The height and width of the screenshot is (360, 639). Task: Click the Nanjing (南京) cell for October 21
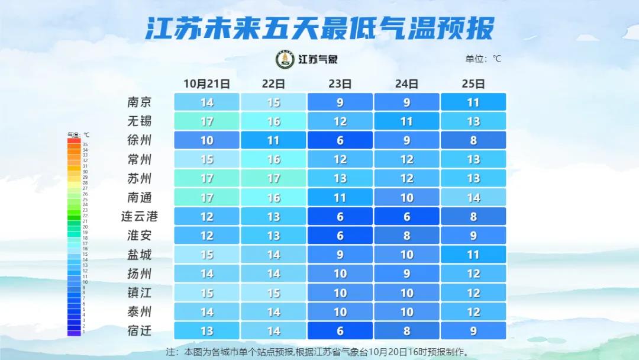[206, 102]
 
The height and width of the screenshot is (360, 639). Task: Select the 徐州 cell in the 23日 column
[340, 140]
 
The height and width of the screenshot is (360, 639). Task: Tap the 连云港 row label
[140, 216]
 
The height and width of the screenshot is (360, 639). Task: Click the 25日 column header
[473, 83]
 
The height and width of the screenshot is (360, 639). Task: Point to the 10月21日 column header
[206, 83]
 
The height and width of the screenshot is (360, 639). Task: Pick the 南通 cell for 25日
[473, 197]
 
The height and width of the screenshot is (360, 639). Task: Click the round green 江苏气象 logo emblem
[285, 59]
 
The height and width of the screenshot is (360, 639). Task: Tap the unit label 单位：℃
[483, 59]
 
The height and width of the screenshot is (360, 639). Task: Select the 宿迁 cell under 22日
[273, 330]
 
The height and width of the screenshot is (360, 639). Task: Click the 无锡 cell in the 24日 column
[406, 121]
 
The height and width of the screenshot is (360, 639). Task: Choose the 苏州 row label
[140, 178]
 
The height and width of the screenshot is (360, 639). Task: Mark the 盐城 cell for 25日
[473, 255]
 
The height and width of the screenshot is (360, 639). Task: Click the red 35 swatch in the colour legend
[74, 142]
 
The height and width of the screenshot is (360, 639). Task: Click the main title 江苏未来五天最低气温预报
[319, 28]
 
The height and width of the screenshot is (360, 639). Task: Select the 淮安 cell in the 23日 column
[340, 235]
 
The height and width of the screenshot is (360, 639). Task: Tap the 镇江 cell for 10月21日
[206, 292]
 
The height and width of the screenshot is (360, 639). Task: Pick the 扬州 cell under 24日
[406, 274]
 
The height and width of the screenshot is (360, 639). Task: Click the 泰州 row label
[140, 311]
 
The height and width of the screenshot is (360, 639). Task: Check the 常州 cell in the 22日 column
[273, 159]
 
